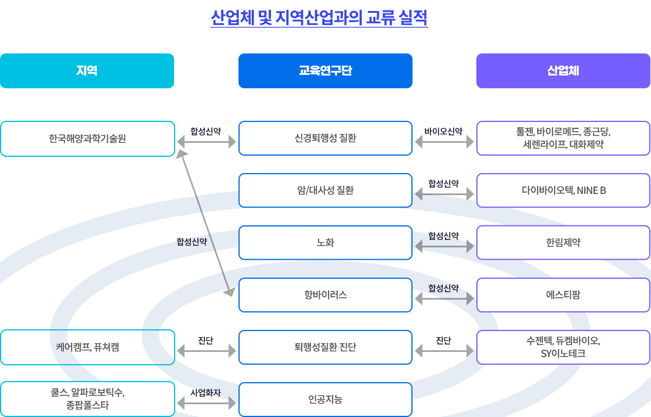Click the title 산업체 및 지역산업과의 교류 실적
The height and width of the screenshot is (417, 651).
[319, 17]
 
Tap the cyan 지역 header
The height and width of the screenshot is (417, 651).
[87, 71]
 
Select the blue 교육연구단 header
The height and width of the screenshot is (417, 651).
[325, 71]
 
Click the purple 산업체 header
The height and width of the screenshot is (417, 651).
[563, 71]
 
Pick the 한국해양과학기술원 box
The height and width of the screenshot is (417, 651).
[87, 138]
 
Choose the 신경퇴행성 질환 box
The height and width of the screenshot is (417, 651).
[325, 138]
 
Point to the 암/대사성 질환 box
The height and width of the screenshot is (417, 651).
[325, 190]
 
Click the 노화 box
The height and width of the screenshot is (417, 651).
[325, 242]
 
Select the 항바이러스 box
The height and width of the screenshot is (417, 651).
[325, 295]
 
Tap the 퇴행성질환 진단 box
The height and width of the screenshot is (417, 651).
[325, 347]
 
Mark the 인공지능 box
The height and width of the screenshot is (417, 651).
[325, 400]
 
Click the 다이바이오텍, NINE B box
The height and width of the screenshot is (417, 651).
[563, 190]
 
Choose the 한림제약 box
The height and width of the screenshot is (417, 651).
[563, 242]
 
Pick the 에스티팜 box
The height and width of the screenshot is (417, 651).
[563, 295]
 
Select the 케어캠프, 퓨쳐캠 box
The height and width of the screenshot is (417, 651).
[87, 347]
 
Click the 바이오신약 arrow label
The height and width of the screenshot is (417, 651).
[443, 131]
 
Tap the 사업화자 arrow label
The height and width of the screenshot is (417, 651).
[205, 393]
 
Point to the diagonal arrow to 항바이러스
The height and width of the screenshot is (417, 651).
[205, 223]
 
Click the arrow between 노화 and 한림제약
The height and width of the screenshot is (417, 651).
[444, 247]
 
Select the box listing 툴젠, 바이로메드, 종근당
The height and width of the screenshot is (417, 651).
[563, 138]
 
